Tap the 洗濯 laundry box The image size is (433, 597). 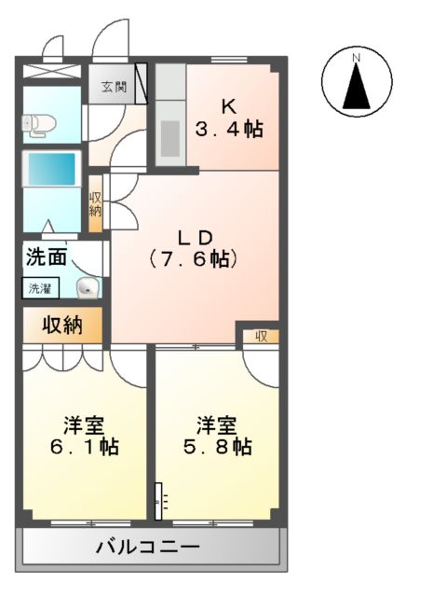pos(40,289)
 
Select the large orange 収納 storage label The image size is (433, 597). pos(61,326)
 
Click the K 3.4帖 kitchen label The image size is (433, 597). pos(228,118)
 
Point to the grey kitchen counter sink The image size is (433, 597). pos(171,138)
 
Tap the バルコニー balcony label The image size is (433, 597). pos(147,547)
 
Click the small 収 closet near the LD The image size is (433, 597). pos(262,336)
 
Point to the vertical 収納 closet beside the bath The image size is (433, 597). pos(96,204)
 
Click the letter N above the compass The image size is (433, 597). pos(356,59)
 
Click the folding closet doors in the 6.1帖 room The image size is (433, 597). pos(62,358)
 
